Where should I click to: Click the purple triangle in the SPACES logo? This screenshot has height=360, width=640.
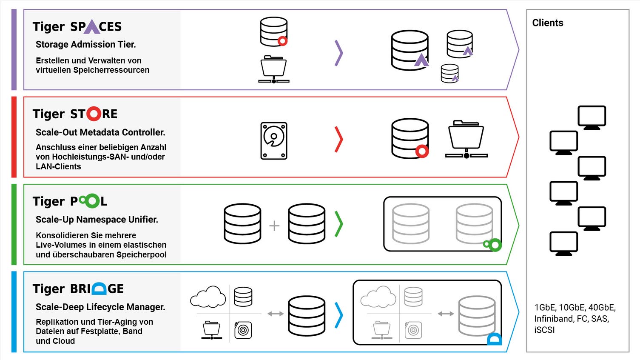click(92, 27)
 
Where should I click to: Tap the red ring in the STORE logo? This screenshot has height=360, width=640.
click(94, 114)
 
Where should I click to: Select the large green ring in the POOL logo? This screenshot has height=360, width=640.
click(92, 201)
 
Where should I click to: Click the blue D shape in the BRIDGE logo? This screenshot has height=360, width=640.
click(99, 289)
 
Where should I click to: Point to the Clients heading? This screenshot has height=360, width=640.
click(548, 23)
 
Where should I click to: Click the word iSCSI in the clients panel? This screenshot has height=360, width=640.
click(544, 330)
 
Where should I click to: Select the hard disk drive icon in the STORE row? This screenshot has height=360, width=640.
click(274, 141)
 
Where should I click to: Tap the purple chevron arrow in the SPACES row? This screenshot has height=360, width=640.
click(338, 53)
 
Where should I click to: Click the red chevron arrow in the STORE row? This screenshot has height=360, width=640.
click(338, 139)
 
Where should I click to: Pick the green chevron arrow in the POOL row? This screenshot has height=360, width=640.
click(338, 224)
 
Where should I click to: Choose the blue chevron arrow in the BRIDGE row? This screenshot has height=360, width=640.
click(338, 315)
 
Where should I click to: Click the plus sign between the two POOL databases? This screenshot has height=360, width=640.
click(274, 225)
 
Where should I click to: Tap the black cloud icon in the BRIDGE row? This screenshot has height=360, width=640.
click(208, 297)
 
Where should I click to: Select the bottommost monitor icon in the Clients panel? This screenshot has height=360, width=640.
click(563, 243)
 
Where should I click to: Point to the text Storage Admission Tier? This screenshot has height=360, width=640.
click(85, 44)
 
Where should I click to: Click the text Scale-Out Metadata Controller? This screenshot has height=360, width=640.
click(100, 132)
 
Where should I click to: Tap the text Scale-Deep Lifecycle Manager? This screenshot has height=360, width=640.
click(100, 307)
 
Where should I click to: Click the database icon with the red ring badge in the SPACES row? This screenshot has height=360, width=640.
click(274, 31)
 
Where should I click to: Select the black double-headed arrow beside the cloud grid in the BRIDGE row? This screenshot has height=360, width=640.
click(276, 314)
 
